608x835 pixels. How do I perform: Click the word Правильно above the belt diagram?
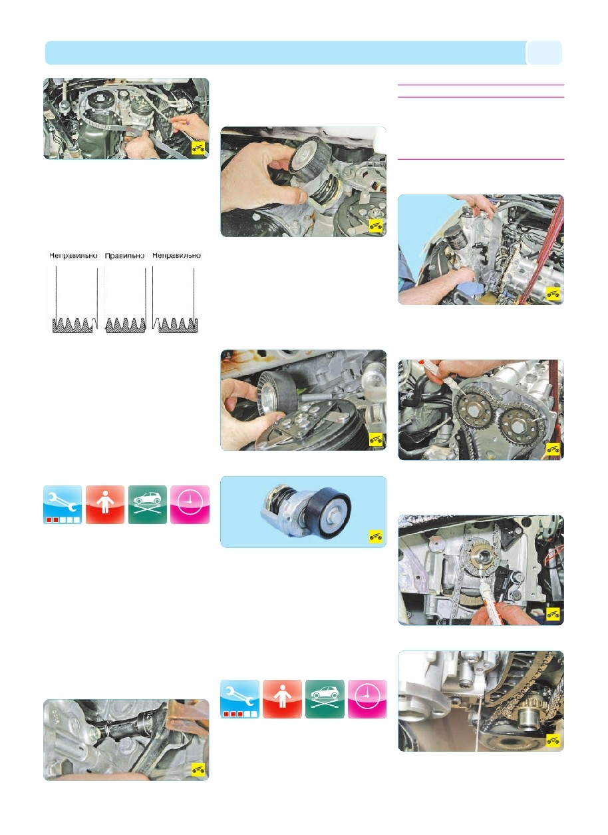pos(124,256)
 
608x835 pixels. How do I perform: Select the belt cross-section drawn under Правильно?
pos(126,325)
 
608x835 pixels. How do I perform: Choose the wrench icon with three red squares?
pos(239,699)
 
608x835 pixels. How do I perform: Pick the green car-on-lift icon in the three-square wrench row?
pos(325,699)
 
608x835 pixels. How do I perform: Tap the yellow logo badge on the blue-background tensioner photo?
pos(376,537)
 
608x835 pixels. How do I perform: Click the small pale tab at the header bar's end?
pos(544,53)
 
